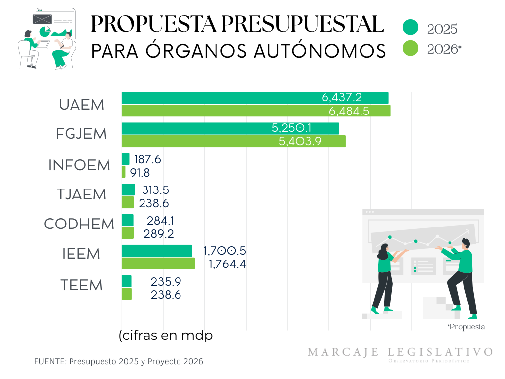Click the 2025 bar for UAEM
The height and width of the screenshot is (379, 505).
tap(255, 98)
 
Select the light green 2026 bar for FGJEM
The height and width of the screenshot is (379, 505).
tap(233, 141)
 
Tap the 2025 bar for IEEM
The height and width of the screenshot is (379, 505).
tap(157, 251)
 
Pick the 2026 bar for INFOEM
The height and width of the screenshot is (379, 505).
tap(124, 172)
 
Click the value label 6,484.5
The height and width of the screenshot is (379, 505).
tap(349, 111)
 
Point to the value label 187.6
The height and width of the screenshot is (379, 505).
tap(147, 159)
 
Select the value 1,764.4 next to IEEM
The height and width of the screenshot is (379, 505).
tap(227, 265)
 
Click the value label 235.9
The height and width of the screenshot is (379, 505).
tap(166, 282)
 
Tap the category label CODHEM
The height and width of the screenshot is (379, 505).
tap(79, 224)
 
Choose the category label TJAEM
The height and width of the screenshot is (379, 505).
tap(81, 194)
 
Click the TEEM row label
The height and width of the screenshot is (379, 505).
tap(81, 285)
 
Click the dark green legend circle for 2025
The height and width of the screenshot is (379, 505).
tap(410, 28)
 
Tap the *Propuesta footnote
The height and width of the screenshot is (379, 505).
tap(466, 327)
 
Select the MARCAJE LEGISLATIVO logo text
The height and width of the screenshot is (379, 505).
tap(400, 352)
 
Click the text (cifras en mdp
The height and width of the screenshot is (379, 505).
tap(166, 336)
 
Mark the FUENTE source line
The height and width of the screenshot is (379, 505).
tap(118, 362)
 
